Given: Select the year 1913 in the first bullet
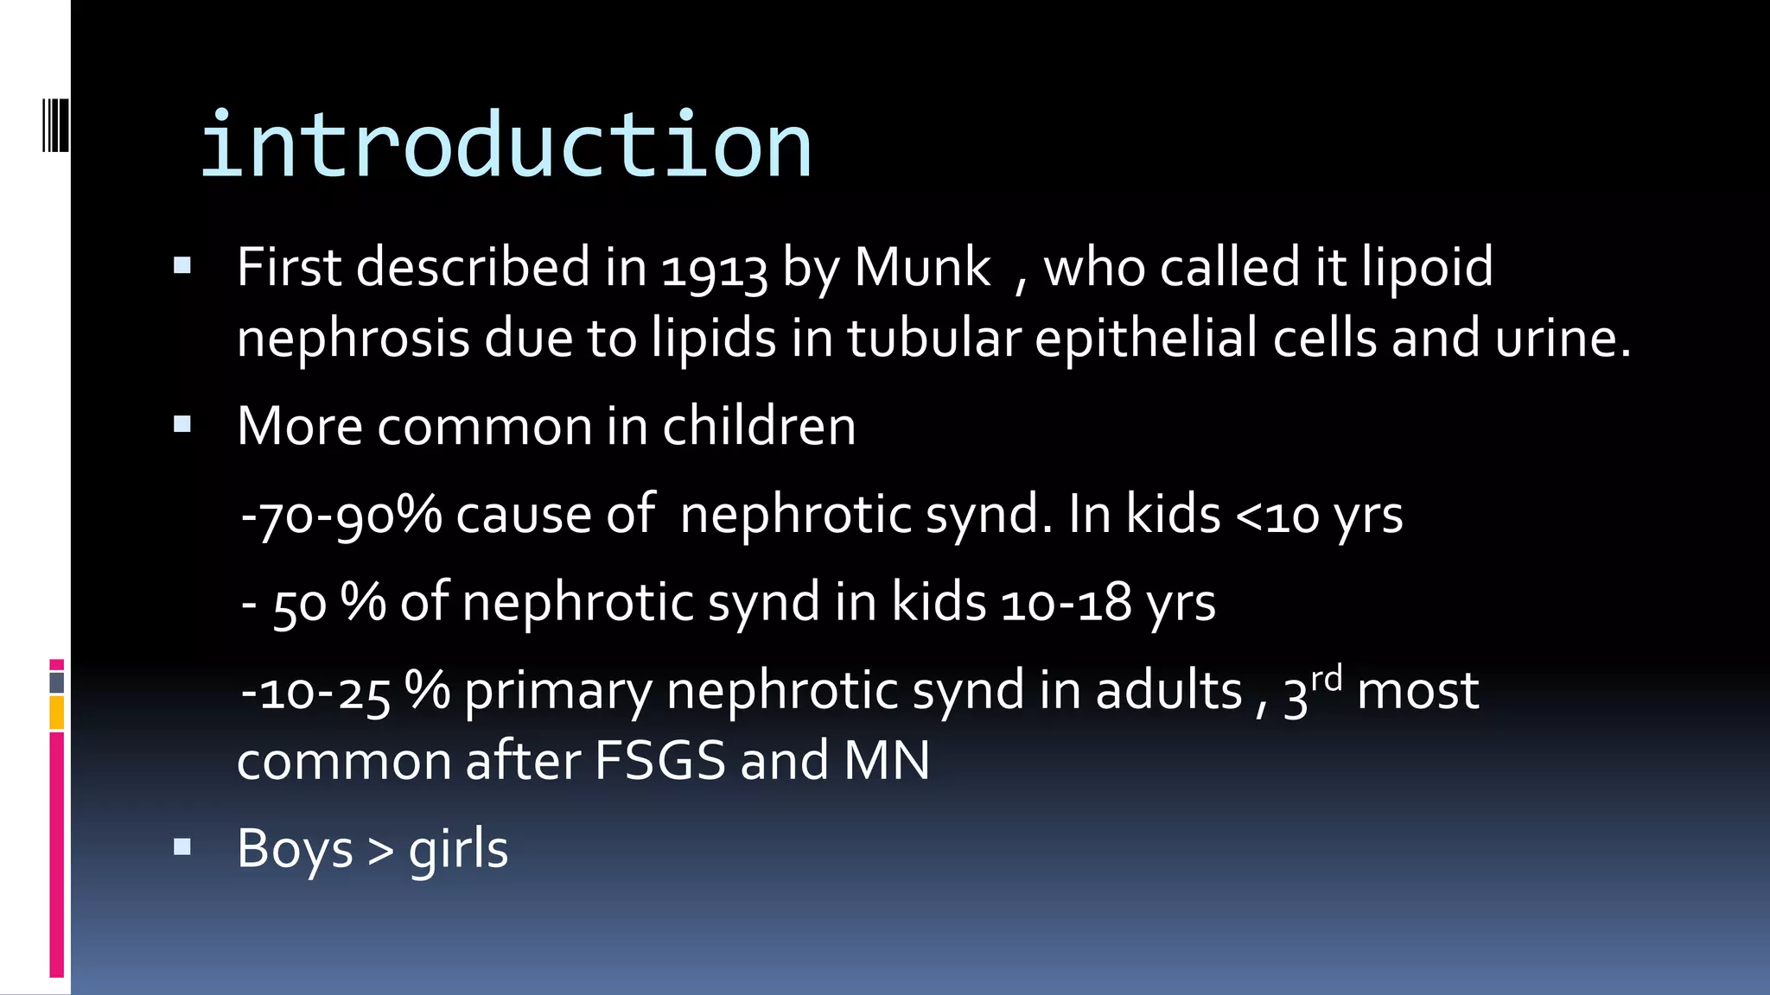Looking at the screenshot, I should pos(714,268).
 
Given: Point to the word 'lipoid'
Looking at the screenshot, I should pos(1427,268).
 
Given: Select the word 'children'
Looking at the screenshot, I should pos(759,426).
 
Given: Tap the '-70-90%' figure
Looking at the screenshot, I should pos(341,515).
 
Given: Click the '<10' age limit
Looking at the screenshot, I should pos(1277,516).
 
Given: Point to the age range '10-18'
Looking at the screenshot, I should pos(1066,603).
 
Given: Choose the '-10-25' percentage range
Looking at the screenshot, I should pos(315,692).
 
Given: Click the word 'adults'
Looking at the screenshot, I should pos(1168,691).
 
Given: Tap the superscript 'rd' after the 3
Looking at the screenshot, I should pos(1327,679).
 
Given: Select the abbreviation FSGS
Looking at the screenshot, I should pos(659,761).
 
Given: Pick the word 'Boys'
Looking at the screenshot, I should pos(295,849).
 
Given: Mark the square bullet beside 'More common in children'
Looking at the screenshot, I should pos(182,424).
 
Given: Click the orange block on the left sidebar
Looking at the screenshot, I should pos(56,713).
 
